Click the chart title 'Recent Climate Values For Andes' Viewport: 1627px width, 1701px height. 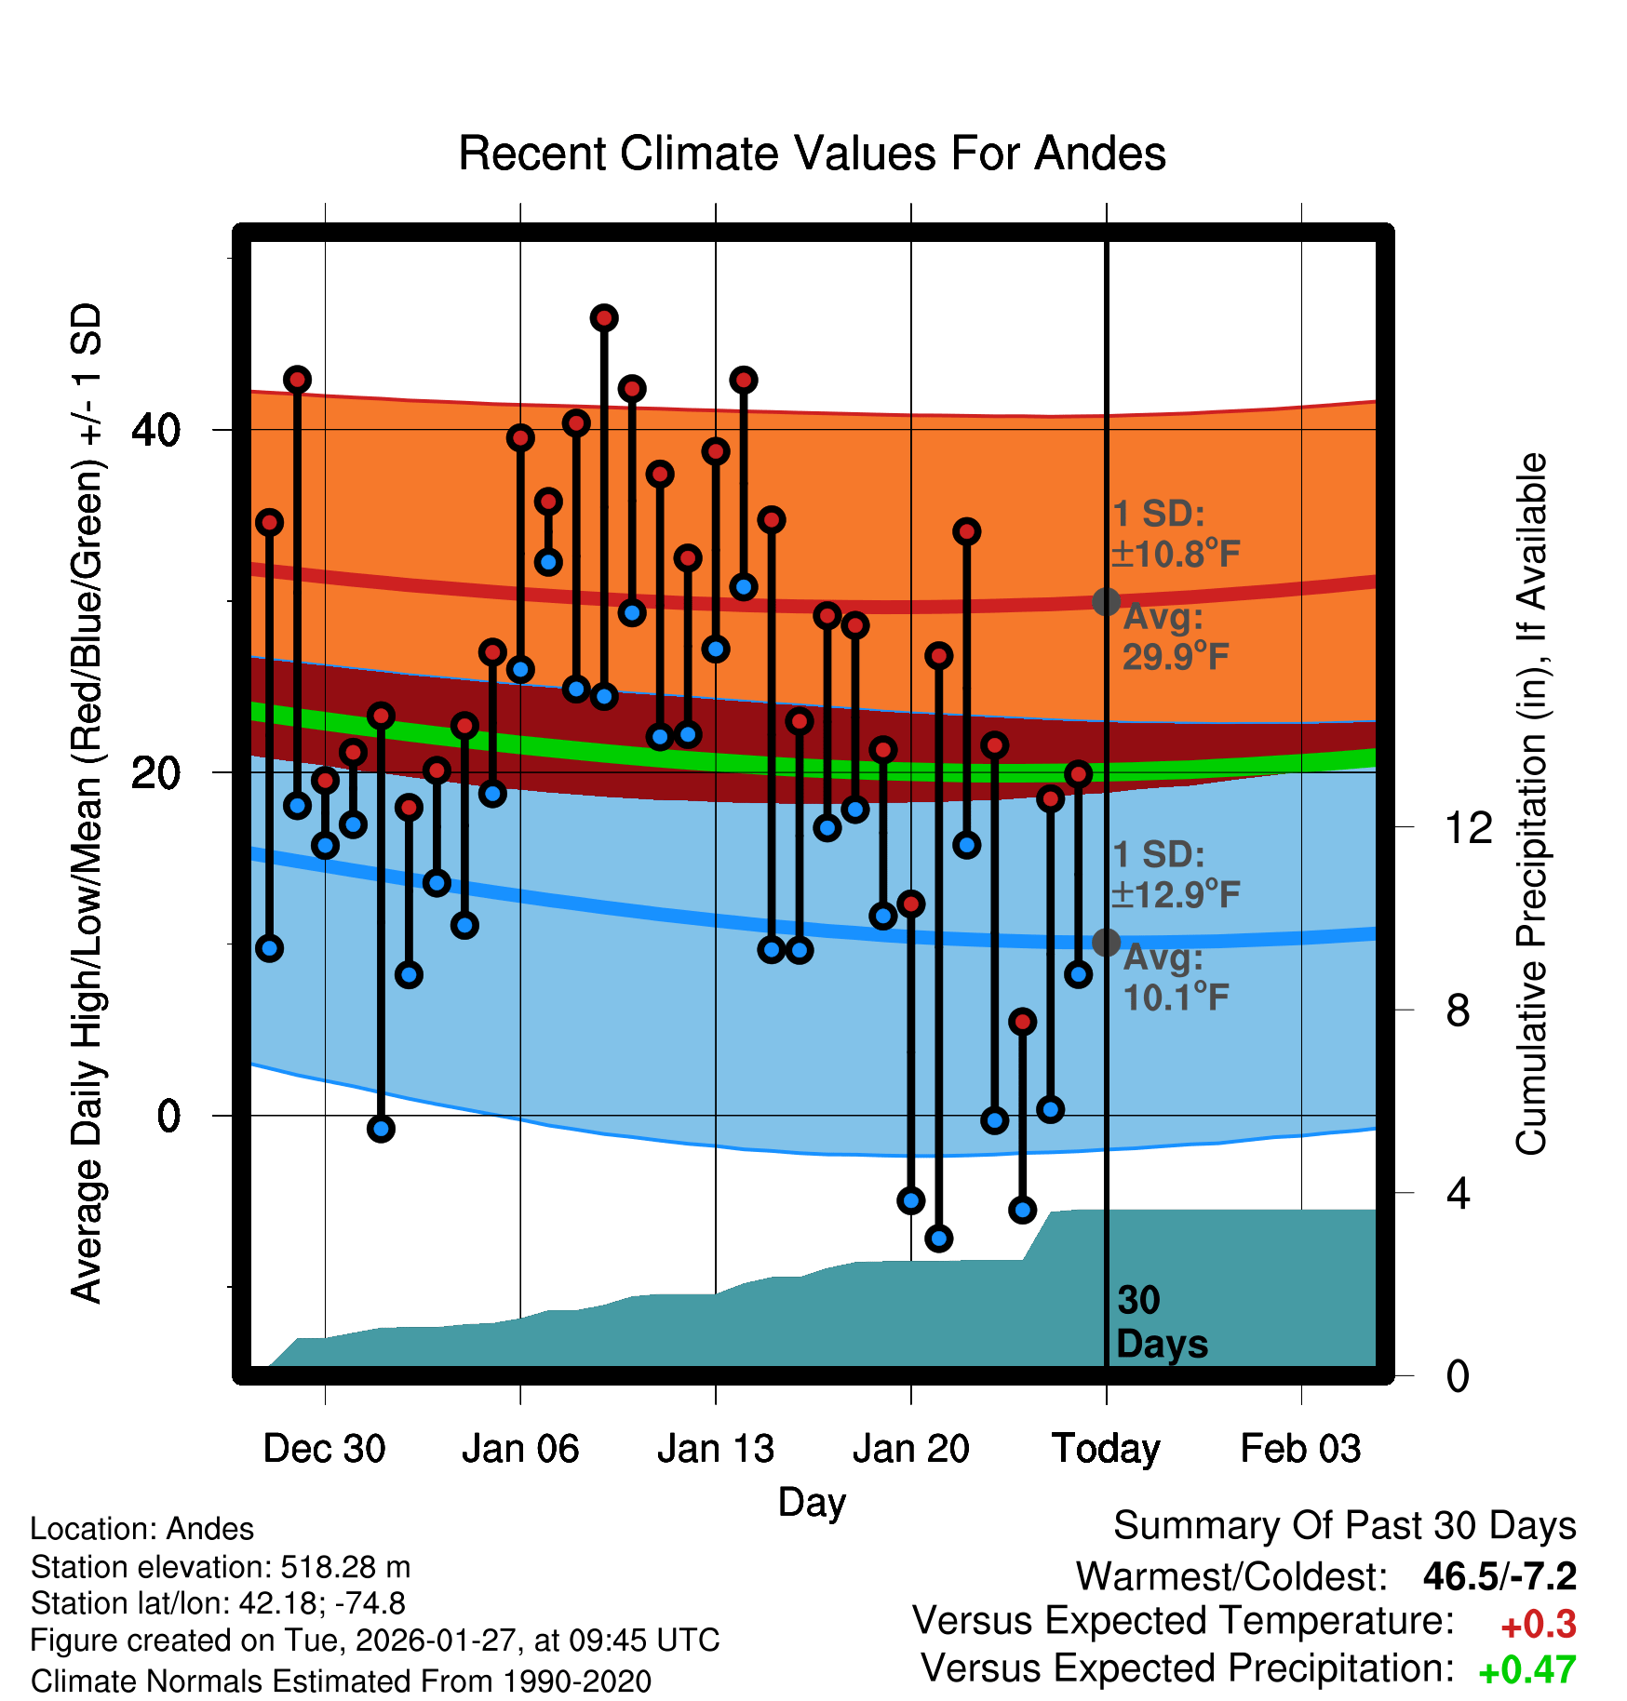coord(812,154)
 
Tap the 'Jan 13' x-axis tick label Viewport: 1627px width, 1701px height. coord(715,1449)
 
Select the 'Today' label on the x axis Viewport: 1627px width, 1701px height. coord(1106,1449)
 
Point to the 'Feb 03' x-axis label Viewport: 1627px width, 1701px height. coord(1300,1449)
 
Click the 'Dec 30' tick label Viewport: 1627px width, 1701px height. coord(324,1449)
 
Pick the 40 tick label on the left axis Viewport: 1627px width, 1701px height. coord(155,430)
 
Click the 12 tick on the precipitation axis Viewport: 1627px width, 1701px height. coord(1469,827)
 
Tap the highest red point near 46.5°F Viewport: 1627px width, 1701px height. coord(604,318)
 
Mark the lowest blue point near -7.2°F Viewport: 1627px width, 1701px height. coord(938,1238)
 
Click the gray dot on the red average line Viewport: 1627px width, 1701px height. coord(1106,602)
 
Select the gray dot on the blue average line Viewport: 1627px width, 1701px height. coord(1106,943)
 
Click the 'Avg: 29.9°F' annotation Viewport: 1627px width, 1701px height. coord(1175,637)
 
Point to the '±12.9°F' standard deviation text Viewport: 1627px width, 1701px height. coord(1177,895)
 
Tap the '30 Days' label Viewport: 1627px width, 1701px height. coord(1161,1322)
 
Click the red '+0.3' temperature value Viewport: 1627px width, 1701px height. coord(1538,1625)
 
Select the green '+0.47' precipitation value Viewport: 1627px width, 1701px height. coord(1526,1670)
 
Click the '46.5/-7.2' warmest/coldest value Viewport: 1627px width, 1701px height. coord(1499,1576)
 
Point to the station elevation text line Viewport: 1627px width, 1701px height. coord(221,1567)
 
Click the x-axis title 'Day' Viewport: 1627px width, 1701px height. coord(812,1502)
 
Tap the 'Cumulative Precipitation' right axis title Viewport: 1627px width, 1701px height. coord(1530,804)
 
